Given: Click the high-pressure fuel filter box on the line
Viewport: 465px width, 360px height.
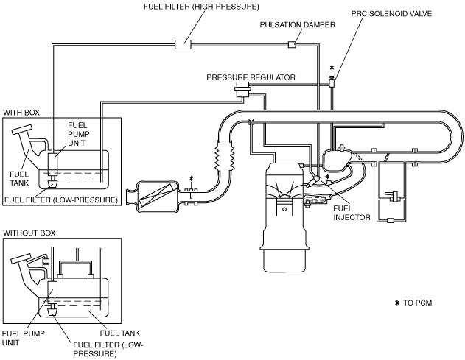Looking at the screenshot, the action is (183, 44).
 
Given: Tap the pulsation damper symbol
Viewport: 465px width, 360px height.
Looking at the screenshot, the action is (292, 44).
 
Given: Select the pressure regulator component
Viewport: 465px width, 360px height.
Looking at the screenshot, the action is (242, 89).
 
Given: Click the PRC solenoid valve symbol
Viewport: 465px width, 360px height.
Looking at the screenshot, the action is (332, 82).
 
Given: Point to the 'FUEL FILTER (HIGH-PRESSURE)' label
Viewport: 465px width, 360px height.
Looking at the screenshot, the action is (201, 7).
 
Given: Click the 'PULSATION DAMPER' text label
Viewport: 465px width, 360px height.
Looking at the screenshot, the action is (298, 24).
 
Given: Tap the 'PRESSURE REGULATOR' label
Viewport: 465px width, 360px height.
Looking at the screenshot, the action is (251, 77).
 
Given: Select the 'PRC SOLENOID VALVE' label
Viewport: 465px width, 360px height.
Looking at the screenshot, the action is (391, 14).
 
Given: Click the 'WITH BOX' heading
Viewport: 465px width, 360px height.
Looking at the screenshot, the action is (21, 113).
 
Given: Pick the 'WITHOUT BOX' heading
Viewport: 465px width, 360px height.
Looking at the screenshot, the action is (29, 233).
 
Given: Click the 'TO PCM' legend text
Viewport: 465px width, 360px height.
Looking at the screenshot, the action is (418, 303).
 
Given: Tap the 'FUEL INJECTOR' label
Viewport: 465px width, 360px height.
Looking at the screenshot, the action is (352, 213).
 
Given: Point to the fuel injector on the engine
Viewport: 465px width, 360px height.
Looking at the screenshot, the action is (313, 181).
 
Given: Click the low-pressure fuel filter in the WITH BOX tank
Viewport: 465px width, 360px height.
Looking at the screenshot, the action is (53, 184).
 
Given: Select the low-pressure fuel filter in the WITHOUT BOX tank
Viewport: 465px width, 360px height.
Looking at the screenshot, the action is (53, 311).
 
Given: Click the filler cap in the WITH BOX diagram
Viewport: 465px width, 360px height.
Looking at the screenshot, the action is (21, 130).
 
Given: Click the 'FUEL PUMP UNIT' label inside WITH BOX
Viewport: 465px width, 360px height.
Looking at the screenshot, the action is (78, 134).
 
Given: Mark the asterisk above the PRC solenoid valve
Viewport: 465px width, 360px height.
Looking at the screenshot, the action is (332, 68).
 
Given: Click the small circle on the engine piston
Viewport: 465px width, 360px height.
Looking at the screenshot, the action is (284, 210).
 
